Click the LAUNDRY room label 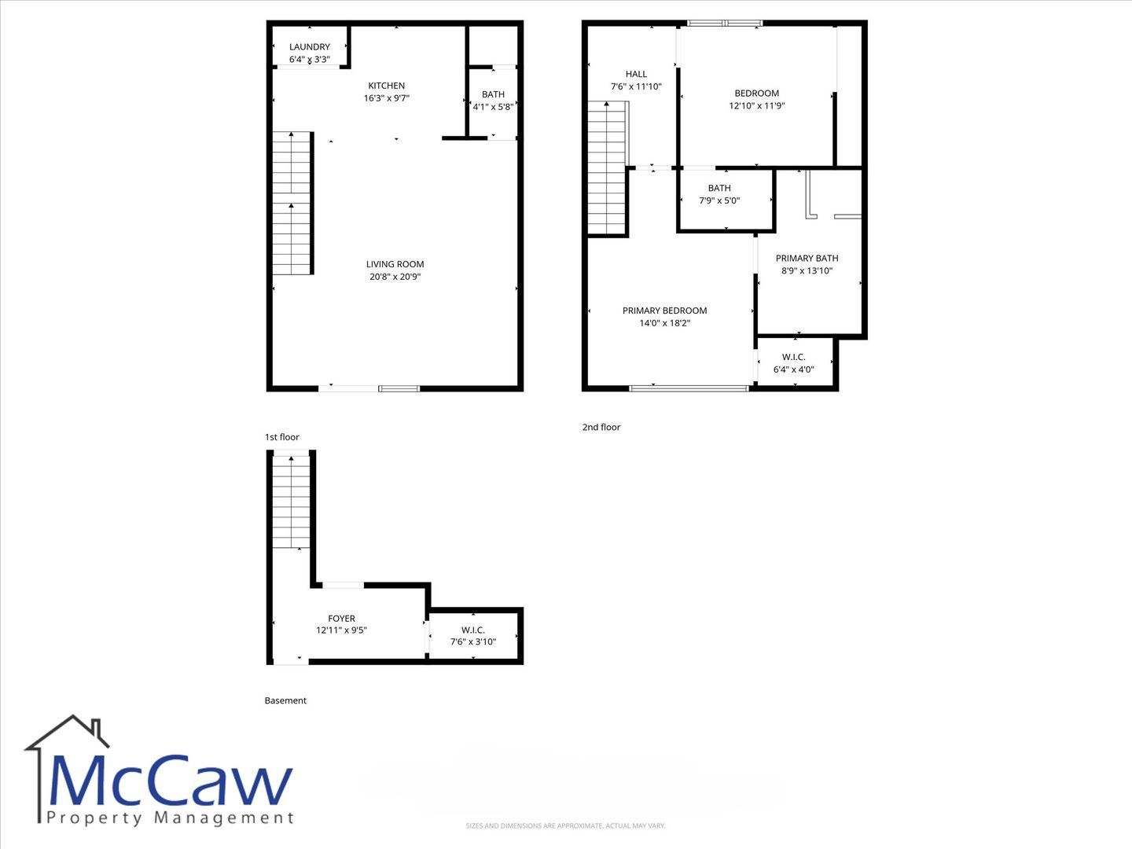[310, 47]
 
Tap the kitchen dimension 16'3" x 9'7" [386, 98]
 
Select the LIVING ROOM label [395, 264]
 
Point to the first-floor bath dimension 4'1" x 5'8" [494, 107]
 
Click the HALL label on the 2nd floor [636, 74]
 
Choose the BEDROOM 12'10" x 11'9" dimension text [756, 105]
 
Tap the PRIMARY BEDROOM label [664, 311]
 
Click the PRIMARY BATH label [807, 259]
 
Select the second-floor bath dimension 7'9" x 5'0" [719, 200]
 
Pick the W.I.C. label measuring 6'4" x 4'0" [793, 357]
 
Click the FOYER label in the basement [341, 618]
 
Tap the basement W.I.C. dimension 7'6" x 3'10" [473, 641]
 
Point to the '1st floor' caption [281, 437]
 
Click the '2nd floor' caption [601, 427]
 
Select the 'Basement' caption [285, 700]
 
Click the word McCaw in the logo [170, 781]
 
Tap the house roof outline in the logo [67, 731]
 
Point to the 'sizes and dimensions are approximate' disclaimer [566, 825]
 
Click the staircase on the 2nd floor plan [608, 168]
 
